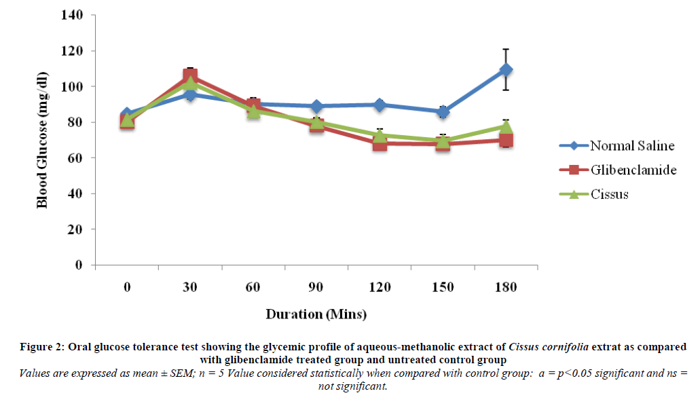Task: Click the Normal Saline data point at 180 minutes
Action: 505,69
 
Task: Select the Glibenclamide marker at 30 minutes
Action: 190,76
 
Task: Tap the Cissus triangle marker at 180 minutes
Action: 505,126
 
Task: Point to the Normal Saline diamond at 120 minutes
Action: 380,105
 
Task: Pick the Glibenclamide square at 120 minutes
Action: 380,143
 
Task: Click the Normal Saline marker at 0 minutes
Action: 127,114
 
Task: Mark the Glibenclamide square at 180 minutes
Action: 505,141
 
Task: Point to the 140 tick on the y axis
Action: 72,16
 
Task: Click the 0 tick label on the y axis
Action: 79,265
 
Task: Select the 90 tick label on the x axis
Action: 316,287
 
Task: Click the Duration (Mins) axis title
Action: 316,314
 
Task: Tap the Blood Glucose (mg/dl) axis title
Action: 42,141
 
